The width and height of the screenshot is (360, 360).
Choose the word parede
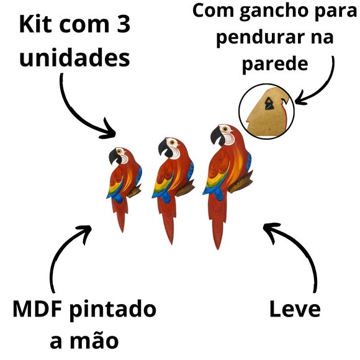275,65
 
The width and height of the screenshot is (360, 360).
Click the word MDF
38,308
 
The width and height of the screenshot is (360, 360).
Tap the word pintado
113,310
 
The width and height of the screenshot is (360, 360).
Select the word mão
94,340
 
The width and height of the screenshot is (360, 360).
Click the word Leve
295,308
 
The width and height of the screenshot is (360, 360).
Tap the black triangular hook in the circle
268,103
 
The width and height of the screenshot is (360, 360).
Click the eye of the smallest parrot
119,151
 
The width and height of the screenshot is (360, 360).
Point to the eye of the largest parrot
225,129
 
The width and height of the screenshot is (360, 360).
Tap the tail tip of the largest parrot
218,249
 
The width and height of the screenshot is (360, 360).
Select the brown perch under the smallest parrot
134,191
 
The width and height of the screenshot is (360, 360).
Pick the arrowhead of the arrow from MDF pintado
86,232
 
